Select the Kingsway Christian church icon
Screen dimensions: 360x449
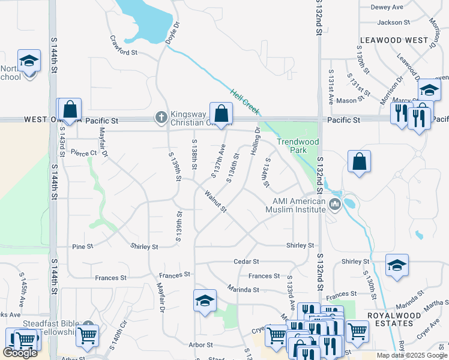[161, 118]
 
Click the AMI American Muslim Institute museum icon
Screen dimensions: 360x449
[335, 205]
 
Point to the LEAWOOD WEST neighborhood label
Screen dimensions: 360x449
[394, 40]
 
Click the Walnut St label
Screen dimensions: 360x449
[215, 202]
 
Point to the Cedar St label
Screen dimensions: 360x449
[246, 262]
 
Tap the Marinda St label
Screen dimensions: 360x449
[243, 289]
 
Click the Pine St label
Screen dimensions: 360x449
[82, 247]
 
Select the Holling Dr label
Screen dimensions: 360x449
[255, 142]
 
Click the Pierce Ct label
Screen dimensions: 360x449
[83, 153]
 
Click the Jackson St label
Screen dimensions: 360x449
[393, 23]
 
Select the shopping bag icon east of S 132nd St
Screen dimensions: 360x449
[359, 161]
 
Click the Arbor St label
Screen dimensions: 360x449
[200, 345]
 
